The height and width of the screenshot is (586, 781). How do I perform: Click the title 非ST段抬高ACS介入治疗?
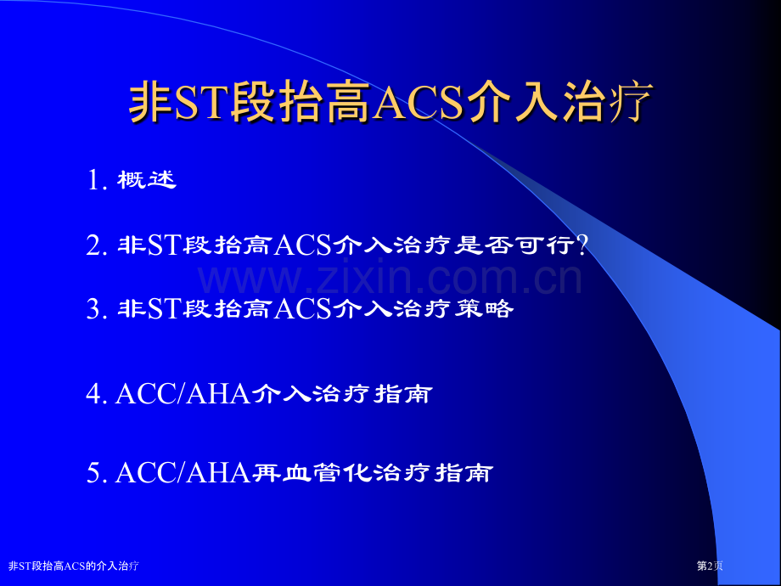tap(391, 103)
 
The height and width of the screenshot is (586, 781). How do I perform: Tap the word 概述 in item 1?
tap(147, 179)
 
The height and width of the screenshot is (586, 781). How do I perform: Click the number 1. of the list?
tap(97, 180)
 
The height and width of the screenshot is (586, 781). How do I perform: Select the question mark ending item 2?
tap(582, 245)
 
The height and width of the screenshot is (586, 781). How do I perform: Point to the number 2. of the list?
tap(97, 245)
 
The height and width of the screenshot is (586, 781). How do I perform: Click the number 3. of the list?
tap(97, 309)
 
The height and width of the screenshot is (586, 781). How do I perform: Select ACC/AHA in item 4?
tap(183, 394)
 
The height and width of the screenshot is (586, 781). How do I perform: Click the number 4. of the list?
tap(97, 395)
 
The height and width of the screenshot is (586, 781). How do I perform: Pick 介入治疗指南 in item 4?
tap(341, 394)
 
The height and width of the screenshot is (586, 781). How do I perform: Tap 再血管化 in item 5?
tap(312, 472)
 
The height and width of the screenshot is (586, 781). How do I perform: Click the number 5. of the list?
tap(97, 473)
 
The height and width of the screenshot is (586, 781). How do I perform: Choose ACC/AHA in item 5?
tap(183, 472)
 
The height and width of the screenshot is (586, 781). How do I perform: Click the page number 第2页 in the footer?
tap(710, 566)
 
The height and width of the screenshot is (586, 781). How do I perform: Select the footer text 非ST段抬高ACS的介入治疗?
tap(74, 566)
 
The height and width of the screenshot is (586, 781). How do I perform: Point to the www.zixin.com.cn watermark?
tap(390, 279)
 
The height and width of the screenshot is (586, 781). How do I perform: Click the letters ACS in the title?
tap(418, 103)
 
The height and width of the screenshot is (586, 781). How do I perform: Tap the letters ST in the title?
tap(201, 103)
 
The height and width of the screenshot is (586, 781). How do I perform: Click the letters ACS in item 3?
tap(303, 309)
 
